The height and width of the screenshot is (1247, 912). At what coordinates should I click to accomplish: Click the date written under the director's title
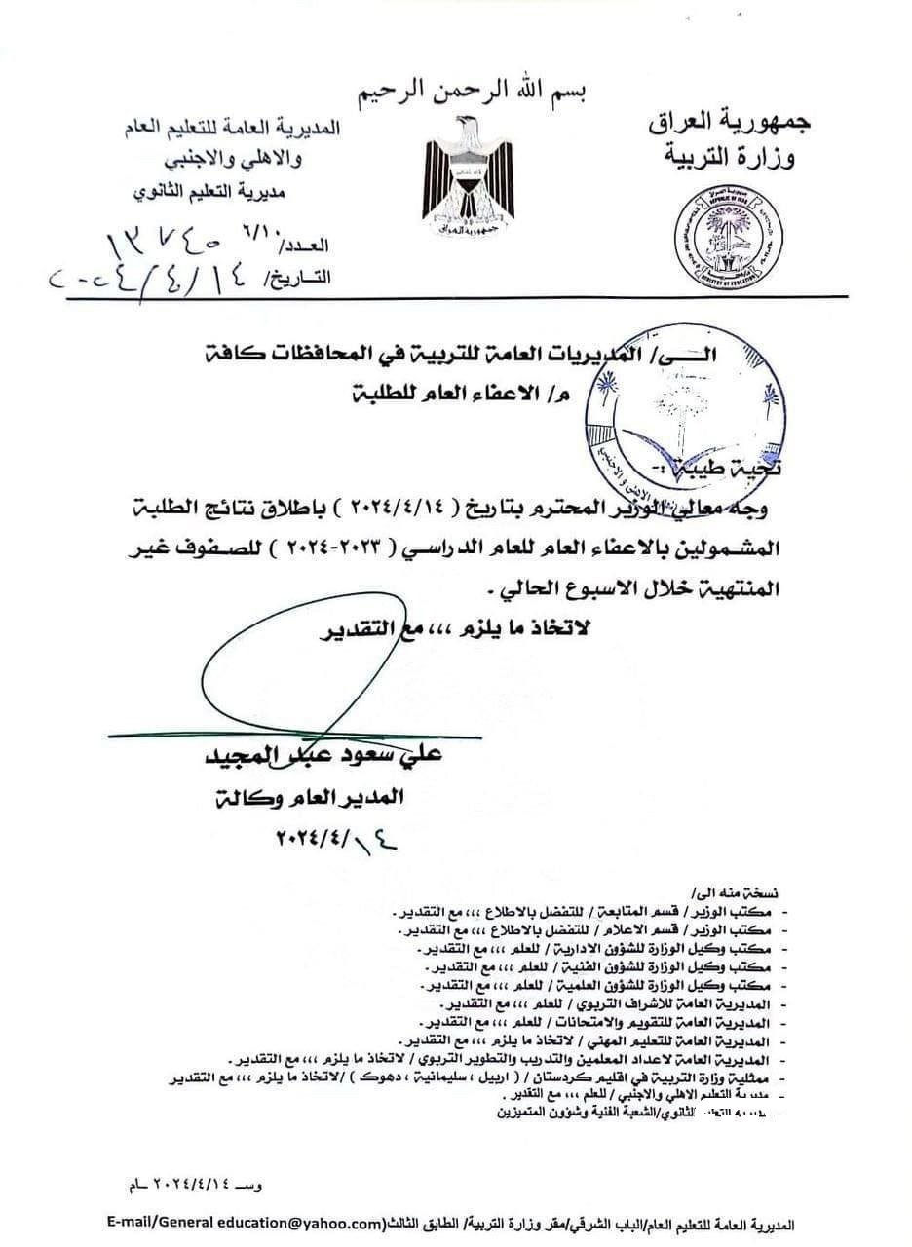pos(322,837)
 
